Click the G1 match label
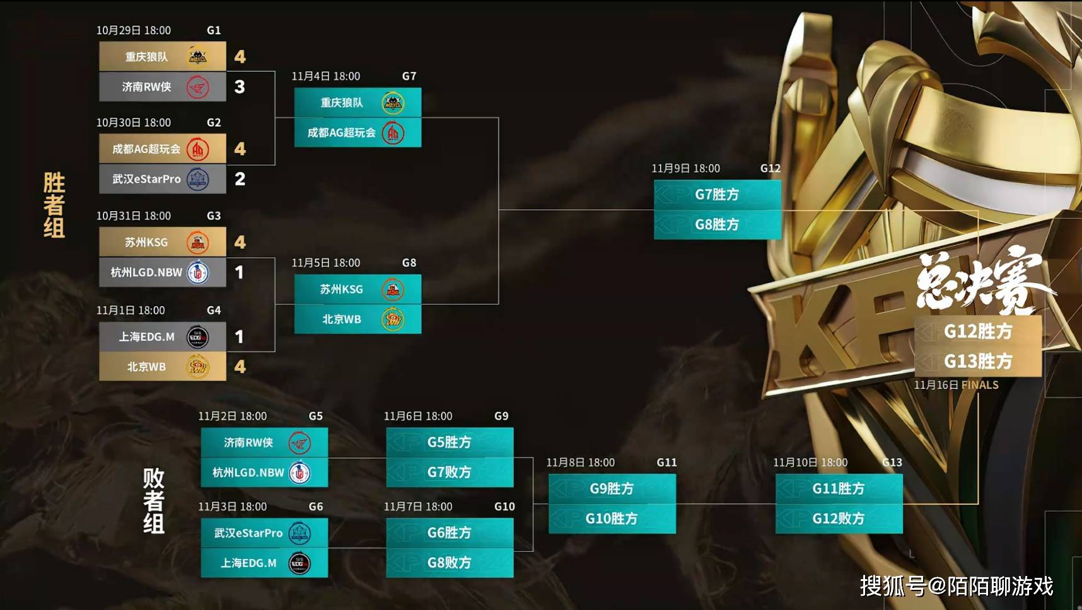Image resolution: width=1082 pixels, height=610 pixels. [214, 30]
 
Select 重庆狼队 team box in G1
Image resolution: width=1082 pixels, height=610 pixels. [163, 57]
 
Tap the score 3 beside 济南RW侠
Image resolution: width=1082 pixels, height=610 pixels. [240, 87]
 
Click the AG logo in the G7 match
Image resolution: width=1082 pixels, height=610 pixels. [393, 133]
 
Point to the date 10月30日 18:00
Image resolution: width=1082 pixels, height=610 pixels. [134, 122]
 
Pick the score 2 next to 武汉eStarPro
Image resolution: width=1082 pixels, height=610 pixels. [240, 179]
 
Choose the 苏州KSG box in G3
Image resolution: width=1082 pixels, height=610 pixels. [163, 242]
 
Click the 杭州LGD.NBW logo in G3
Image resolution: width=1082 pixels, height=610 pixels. [198, 272]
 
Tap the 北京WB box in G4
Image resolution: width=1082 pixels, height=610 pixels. [163, 367]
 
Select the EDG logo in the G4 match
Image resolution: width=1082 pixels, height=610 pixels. [197, 337]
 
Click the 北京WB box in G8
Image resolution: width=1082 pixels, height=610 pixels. [358, 319]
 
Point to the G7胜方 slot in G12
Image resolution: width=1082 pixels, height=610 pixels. [718, 195]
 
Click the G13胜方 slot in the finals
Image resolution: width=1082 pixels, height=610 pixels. [978, 362]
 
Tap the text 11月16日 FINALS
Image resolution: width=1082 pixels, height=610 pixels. [956, 385]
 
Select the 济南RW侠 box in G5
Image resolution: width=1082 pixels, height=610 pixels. [264, 442]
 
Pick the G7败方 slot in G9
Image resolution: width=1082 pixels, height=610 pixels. [450, 473]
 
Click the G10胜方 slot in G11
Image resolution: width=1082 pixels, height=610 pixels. [612, 519]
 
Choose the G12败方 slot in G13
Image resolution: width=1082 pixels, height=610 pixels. [839, 519]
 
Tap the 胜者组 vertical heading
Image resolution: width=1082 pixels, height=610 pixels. [54, 205]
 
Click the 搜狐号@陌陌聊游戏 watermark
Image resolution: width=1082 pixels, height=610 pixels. [957, 586]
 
